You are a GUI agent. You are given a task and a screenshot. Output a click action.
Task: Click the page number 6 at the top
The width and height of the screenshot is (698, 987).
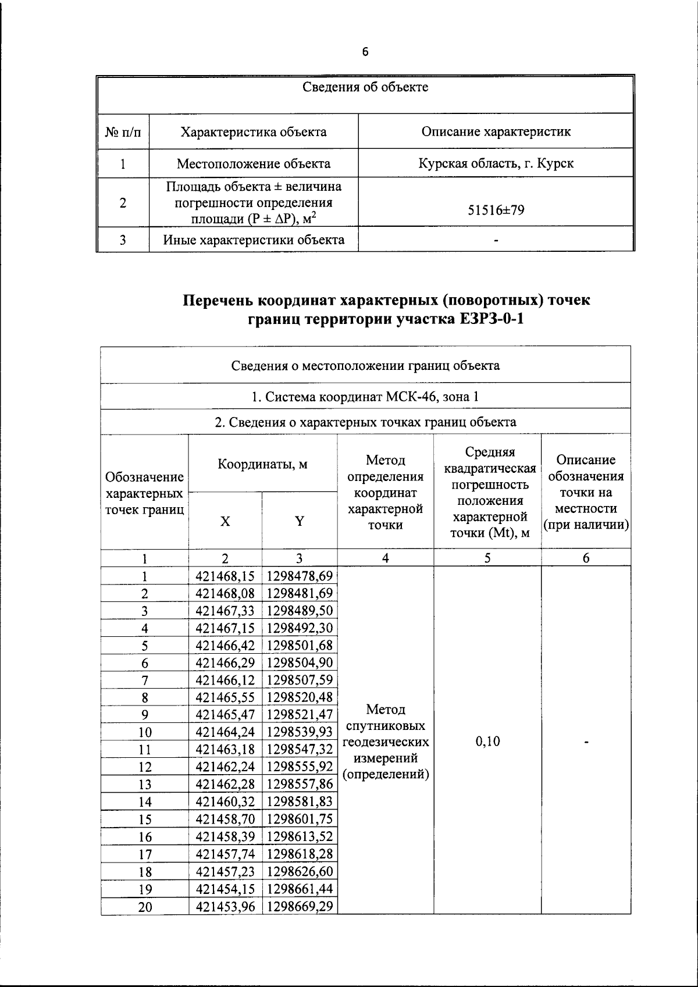[x=365, y=52]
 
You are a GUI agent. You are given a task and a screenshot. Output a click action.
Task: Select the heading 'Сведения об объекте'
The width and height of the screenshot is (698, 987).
[x=365, y=87]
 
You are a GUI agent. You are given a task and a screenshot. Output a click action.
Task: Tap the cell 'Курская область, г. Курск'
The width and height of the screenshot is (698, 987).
[x=496, y=163]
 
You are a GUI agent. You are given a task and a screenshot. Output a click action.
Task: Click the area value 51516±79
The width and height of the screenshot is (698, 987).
[x=496, y=210]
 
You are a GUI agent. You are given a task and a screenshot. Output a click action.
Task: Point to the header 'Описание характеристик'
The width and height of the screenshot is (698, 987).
[x=496, y=131]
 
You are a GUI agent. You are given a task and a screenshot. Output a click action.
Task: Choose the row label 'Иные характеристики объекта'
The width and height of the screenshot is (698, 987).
[x=254, y=240]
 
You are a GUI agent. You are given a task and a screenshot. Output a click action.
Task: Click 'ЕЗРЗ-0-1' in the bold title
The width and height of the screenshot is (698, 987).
[x=493, y=319]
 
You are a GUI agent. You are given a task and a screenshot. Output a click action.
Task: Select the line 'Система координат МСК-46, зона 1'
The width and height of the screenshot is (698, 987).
[x=365, y=397]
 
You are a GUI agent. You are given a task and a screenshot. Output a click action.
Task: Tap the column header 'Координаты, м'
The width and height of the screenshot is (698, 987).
[x=262, y=464]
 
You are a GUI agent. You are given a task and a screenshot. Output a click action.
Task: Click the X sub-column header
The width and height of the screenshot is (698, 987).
[x=225, y=521]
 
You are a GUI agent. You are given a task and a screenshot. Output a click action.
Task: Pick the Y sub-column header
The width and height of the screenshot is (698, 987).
[x=299, y=521]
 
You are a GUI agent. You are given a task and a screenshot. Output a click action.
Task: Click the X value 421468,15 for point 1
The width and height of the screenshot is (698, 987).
[x=225, y=576]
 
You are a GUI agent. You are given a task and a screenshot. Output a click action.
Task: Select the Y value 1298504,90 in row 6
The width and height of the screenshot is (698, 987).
[x=300, y=662]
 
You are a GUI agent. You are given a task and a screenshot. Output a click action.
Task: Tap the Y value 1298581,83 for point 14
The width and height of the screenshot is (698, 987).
[x=300, y=801]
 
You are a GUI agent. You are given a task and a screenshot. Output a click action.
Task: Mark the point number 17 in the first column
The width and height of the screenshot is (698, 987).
[x=145, y=854]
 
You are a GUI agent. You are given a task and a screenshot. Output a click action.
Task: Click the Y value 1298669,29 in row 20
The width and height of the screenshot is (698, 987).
[x=300, y=906]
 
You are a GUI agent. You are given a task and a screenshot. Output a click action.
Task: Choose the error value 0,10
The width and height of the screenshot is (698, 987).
[x=487, y=742]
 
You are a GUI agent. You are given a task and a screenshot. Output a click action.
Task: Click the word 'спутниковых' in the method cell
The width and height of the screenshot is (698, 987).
[x=386, y=726]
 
